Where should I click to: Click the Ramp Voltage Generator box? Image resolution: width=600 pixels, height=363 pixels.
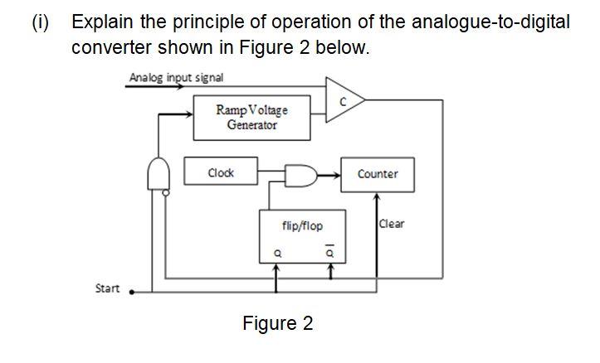[251, 117]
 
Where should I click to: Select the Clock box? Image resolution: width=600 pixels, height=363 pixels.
[220, 173]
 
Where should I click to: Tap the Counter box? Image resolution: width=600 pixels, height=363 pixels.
[377, 174]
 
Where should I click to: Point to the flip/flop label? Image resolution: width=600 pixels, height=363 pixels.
[302, 225]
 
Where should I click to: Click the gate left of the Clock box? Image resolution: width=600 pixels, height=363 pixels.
[158, 174]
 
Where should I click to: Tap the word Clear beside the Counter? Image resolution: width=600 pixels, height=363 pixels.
[392, 224]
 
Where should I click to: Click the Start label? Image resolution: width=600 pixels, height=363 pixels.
[107, 288]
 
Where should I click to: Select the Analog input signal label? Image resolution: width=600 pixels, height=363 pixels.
[176, 78]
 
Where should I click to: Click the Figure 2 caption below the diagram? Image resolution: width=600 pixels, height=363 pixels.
[278, 323]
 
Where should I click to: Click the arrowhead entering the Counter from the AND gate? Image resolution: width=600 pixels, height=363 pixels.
[336, 175]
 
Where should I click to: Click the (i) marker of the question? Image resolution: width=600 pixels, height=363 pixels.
[40, 22]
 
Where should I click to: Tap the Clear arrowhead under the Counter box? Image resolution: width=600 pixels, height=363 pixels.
[377, 198]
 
